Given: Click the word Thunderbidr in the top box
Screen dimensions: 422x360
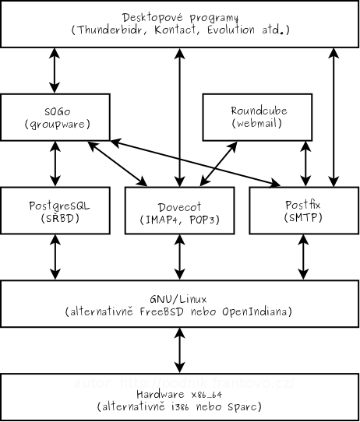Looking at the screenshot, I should pyautogui.click(x=109, y=30).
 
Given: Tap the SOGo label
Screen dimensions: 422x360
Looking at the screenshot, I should pyautogui.click(x=55, y=111).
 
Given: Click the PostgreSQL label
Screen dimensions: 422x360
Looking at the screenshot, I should pyautogui.click(x=55, y=205).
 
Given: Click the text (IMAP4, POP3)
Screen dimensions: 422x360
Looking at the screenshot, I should pyautogui.click(x=179, y=220).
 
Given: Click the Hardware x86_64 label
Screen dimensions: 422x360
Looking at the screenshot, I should pyautogui.click(x=179, y=394).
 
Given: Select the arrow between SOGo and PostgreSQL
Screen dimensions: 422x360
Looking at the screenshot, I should pyautogui.click(x=55, y=164).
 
